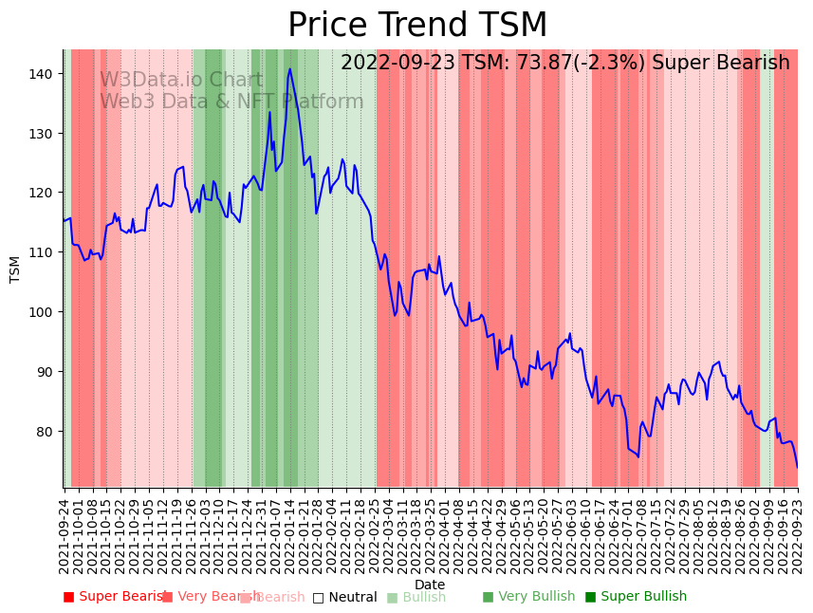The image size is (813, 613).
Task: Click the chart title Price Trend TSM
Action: click(x=417, y=26)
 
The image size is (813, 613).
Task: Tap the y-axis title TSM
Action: click(x=15, y=269)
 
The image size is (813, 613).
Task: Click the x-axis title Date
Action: click(x=430, y=585)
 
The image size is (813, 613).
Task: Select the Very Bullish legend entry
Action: click(x=528, y=597)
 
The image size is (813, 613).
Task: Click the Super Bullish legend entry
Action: click(x=636, y=597)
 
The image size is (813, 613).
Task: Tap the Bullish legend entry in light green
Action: click(x=416, y=597)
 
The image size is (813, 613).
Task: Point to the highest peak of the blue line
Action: click(x=290, y=68)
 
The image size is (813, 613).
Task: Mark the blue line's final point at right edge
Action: click(x=797, y=466)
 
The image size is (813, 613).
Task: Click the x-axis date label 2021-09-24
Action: click(x=64, y=535)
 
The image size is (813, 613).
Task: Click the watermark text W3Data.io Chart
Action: click(x=181, y=80)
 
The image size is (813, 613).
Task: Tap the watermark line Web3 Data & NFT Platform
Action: click(x=231, y=102)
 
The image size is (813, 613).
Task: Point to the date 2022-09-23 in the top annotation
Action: click(x=398, y=63)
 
